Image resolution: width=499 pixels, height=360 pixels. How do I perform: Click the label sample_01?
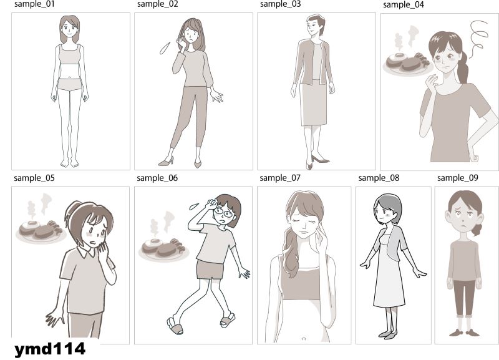tap(34, 4)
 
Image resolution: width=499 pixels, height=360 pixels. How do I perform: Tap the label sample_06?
tap(157, 178)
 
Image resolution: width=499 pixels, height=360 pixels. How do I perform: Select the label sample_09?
tap(458, 178)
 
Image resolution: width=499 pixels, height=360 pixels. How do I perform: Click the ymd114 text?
tap(50, 349)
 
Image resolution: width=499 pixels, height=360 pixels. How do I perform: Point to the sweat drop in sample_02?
tap(165, 48)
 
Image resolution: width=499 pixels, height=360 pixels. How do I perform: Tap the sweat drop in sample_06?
tap(194, 207)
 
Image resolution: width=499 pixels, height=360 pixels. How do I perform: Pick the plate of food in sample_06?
tap(164, 250)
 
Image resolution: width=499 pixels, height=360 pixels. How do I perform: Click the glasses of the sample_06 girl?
tap(224, 212)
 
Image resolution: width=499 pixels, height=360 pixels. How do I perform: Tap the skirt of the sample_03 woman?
tap(314, 102)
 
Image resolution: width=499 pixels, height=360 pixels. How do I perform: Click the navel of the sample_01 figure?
tap(70, 77)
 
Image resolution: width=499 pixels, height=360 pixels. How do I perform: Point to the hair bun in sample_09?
tap(477, 230)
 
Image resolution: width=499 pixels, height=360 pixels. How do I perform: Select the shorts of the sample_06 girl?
tap(210, 270)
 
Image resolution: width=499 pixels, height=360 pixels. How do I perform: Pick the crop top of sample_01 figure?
tap(70, 54)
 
